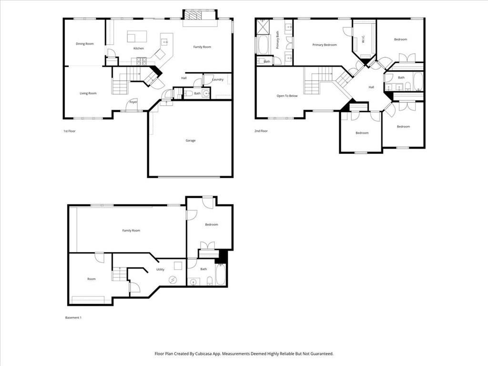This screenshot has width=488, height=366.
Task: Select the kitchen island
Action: (x=137, y=37)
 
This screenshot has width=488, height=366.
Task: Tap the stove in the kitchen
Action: (x=142, y=61)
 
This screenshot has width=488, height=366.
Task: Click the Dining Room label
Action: (x=85, y=44)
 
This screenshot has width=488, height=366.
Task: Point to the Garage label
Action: (x=191, y=141)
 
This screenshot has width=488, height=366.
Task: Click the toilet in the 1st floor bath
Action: (x=189, y=93)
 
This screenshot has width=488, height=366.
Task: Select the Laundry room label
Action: (x=218, y=80)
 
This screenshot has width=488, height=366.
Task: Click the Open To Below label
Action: (x=287, y=96)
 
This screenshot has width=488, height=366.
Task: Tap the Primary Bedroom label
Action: (x=325, y=45)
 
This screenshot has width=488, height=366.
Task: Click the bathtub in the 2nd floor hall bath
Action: (x=417, y=81)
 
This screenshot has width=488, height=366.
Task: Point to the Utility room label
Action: (x=160, y=270)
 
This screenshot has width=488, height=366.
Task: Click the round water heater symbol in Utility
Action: (x=173, y=280)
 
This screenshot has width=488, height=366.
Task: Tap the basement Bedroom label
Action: (x=212, y=224)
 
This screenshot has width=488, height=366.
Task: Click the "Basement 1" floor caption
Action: (x=73, y=317)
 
